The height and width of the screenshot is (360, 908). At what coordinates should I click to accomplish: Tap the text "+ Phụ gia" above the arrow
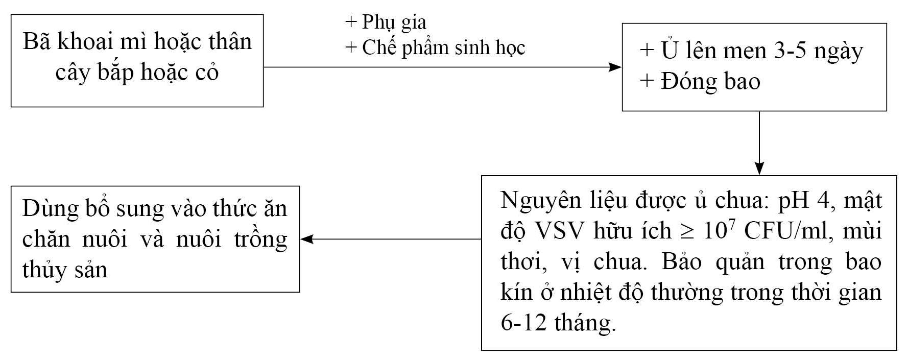pyautogui.click(x=386, y=22)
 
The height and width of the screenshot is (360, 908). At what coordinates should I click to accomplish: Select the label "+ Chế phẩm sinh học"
pyautogui.click(x=436, y=48)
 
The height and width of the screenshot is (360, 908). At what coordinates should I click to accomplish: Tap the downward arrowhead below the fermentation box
pyautogui.click(x=759, y=169)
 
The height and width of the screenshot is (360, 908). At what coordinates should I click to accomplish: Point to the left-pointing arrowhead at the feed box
pyautogui.click(x=306, y=239)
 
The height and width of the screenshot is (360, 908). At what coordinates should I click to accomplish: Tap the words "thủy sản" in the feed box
pyautogui.click(x=65, y=269)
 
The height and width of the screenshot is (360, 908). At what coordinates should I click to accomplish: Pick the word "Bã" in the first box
pyautogui.click(x=37, y=41)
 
